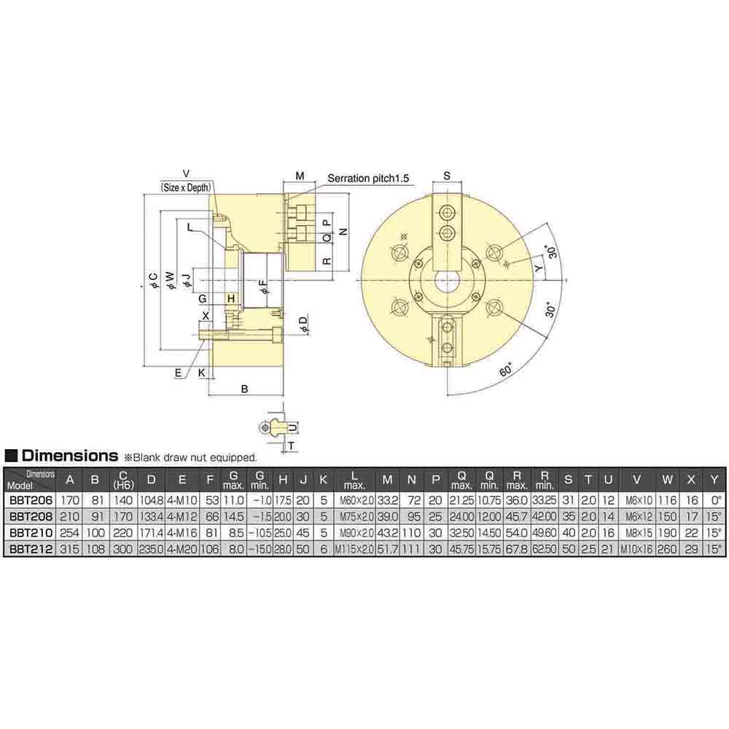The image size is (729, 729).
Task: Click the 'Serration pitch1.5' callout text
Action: coord(369,178)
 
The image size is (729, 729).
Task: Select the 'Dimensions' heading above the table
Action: coord(69,456)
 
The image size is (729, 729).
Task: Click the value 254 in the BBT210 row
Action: coord(70,533)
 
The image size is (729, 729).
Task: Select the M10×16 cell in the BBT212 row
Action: coord(636,549)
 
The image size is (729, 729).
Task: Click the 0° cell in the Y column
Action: coord(714,501)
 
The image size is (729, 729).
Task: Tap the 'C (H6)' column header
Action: coord(123,479)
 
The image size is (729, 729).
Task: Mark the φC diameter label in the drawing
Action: coord(152,281)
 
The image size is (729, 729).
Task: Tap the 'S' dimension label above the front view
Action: coord(447,176)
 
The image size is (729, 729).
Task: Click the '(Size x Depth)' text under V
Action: coord(185,187)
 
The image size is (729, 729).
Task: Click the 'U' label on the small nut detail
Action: coord(292,426)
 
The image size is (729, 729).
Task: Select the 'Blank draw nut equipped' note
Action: coord(192,458)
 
